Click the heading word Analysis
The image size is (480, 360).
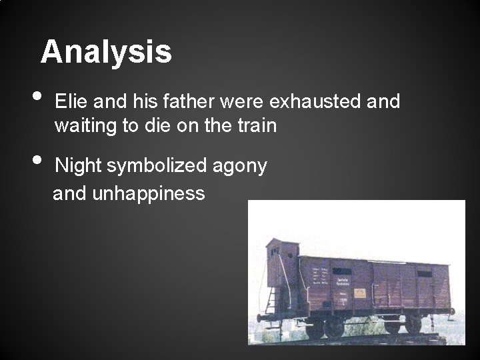tap(106, 52)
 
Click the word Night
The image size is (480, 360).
tap(81, 166)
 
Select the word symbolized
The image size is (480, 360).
tap(159, 166)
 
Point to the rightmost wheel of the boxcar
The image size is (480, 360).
tap(414, 325)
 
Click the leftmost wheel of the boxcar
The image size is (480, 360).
tap(315, 327)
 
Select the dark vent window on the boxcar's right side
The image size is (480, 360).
tap(424, 274)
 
